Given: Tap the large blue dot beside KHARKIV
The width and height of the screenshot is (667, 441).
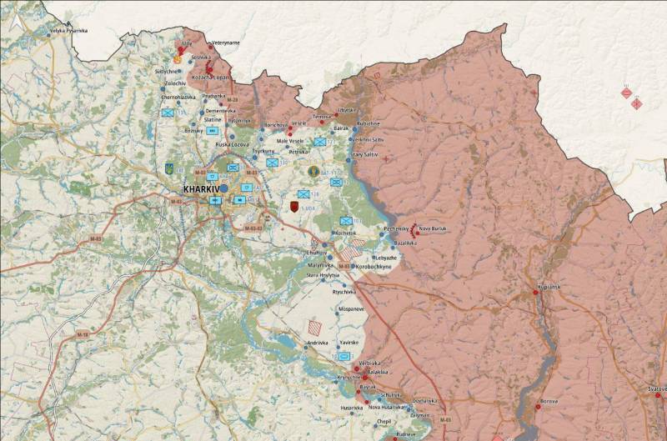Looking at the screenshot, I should click(223, 189).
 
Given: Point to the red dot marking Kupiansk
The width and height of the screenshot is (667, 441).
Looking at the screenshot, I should click(537, 292).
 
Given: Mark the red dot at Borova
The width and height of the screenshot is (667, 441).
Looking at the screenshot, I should click(539, 402).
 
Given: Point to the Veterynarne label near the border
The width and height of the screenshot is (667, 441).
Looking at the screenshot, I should click(225, 42).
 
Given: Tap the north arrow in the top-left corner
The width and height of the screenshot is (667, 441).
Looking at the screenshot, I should click(12, 23).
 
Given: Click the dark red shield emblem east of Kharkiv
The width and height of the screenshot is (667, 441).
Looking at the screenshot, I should click(293, 204).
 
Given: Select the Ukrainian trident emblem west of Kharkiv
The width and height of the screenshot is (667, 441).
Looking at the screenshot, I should click(170, 168).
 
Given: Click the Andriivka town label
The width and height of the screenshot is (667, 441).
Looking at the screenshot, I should click(318, 343).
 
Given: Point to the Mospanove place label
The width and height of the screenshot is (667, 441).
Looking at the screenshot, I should click(351, 308).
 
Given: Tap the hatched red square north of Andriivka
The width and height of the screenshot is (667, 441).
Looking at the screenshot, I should click(314, 327).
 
